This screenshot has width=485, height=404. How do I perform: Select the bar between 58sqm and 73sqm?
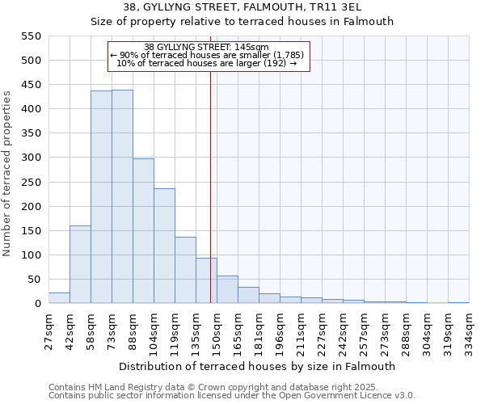(101, 197)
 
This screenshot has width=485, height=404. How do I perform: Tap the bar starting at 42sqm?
(80, 264)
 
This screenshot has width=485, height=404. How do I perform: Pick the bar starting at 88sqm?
(143, 231)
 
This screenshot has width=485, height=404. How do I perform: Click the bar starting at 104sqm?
(164, 246)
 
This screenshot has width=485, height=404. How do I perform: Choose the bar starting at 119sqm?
(185, 270)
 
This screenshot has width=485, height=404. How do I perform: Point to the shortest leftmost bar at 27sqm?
(59, 298)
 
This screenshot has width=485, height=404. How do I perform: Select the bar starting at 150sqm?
(227, 289)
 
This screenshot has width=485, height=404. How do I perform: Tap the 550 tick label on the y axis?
(31, 36)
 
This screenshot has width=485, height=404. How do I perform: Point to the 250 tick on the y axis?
(31, 183)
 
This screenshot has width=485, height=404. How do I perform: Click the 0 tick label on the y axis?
(38, 304)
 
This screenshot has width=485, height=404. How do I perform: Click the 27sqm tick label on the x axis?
(49, 329)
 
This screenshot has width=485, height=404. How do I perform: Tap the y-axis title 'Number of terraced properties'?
(8, 174)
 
